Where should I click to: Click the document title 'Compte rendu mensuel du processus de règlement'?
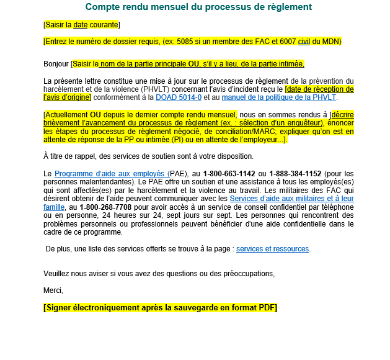[x=198, y=7]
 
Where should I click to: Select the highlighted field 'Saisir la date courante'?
[x=82, y=25]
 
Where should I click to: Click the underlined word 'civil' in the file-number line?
[x=304, y=42]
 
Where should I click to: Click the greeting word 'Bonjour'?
[x=56, y=64]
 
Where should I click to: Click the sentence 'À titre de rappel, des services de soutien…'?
[x=148, y=156]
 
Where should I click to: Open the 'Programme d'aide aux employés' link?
[x=112, y=173]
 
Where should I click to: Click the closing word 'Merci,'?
[x=53, y=290]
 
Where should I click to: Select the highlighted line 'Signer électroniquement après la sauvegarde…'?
[x=160, y=308]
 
